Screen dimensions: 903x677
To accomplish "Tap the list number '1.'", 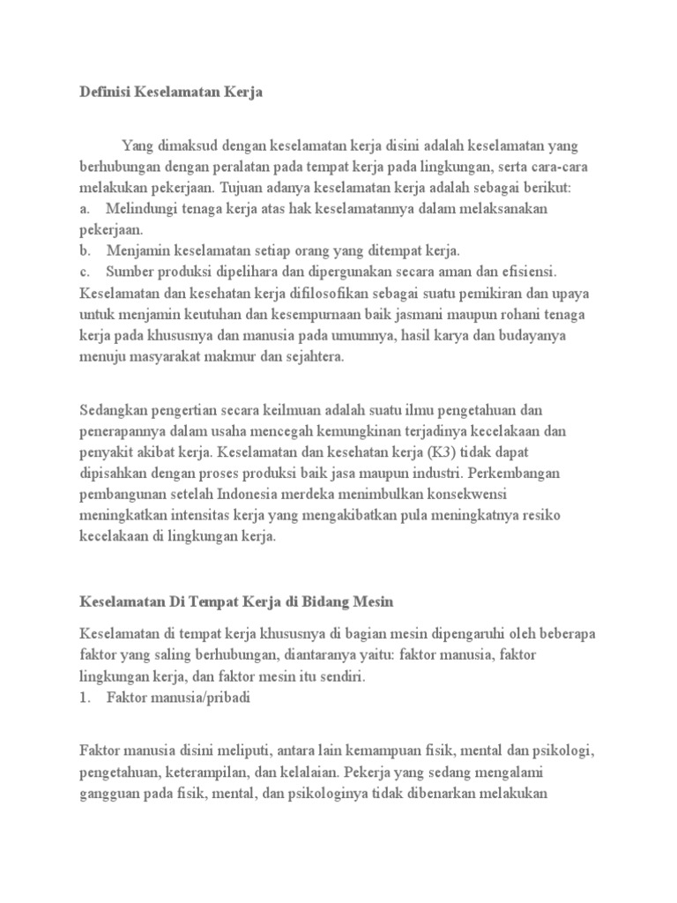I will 85,697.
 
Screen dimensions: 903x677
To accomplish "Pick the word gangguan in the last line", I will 109,794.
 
